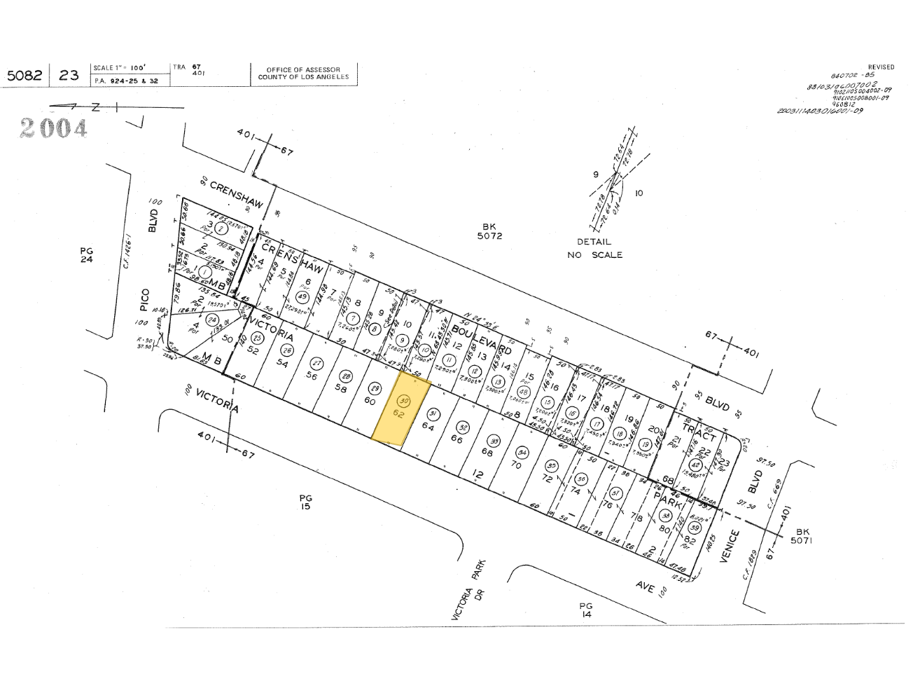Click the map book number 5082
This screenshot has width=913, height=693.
click(x=24, y=75)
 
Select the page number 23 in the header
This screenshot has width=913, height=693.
click(x=69, y=75)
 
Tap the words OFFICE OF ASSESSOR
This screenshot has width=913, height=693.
click(x=303, y=70)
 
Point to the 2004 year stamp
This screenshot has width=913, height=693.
click(x=54, y=128)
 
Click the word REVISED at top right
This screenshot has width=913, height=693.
click(x=881, y=67)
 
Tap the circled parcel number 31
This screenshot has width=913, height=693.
click(x=433, y=413)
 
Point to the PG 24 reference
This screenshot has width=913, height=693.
click(x=86, y=255)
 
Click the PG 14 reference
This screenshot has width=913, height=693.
click(x=585, y=610)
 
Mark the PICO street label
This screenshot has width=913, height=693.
click(x=145, y=299)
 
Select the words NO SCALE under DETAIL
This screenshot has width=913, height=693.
click(x=594, y=255)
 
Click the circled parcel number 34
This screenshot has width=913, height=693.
click(x=520, y=452)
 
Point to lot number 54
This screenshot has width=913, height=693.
click(x=283, y=364)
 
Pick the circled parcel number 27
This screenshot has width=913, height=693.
click(x=316, y=363)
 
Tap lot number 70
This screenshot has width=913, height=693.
click(x=517, y=464)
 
